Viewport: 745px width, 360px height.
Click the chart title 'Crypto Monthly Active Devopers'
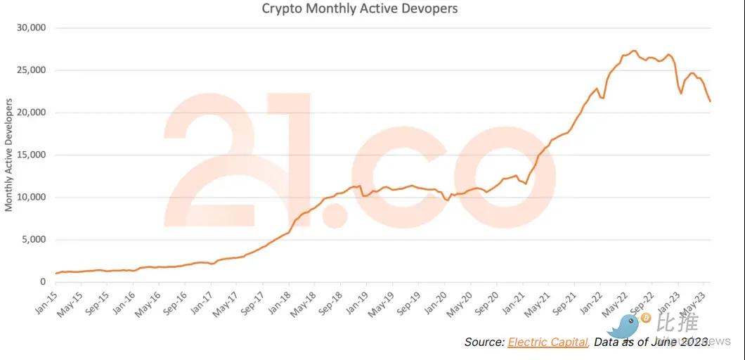coord(359,9)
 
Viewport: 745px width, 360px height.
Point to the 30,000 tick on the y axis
coord(30,28)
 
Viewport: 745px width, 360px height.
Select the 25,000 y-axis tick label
coord(30,70)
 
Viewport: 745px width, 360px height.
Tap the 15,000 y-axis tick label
coord(30,155)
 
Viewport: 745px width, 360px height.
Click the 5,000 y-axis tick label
coord(33,239)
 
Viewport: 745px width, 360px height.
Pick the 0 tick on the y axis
coord(43,282)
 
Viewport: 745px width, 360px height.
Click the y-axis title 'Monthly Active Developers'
coord(9,155)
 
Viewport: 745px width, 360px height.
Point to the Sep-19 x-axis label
coord(410,301)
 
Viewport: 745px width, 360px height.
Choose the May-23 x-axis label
coord(697,300)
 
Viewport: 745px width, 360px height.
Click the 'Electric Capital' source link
coord(548,342)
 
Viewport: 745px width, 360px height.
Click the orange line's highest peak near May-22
coord(634,51)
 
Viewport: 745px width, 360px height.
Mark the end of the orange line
coord(710,102)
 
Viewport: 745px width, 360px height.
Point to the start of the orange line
coord(56,274)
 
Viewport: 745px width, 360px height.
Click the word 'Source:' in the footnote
coord(484,342)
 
